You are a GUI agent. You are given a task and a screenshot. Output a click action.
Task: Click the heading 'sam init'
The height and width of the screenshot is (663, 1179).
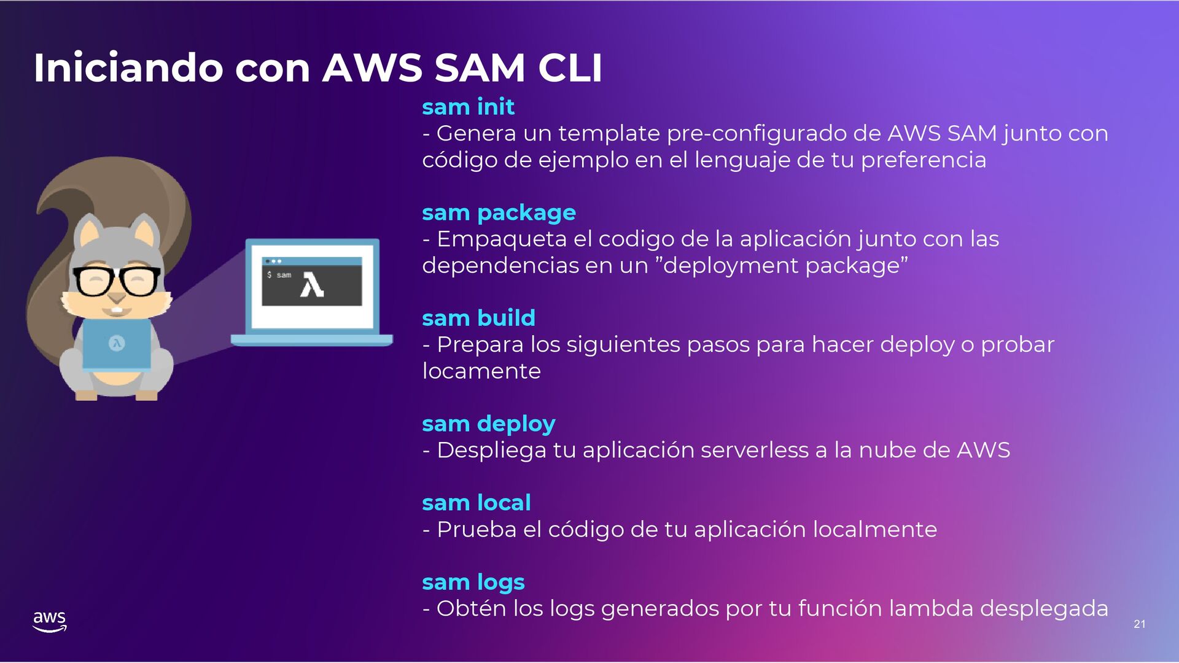coord(468,107)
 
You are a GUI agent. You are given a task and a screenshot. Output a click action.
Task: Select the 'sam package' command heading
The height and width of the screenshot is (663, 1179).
coord(499,213)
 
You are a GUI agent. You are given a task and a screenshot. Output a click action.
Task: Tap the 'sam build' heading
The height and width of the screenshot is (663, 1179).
coord(478,319)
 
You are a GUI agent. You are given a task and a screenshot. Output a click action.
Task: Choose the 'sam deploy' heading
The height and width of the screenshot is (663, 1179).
coord(488,424)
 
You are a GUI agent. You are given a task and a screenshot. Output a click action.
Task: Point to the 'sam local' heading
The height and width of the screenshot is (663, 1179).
coord(476,503)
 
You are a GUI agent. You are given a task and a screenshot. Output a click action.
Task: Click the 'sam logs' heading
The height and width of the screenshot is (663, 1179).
coord(473,583)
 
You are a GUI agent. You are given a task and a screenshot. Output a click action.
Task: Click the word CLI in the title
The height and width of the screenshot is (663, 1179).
coord(570,68)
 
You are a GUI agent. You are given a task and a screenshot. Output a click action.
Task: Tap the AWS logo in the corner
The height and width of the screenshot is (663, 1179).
coord(50,621)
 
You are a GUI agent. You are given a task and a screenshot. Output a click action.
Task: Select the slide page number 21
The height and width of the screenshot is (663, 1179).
coord(1139,624)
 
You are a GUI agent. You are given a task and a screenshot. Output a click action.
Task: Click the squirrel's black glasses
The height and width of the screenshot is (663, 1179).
coord(117,282)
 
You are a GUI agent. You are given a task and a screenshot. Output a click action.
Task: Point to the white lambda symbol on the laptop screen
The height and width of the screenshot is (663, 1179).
coord(312,285)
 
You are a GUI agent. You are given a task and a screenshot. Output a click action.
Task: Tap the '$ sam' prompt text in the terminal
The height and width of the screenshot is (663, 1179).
coord(279,275)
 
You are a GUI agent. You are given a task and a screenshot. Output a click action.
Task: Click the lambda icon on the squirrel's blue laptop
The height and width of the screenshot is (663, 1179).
coord(117,344)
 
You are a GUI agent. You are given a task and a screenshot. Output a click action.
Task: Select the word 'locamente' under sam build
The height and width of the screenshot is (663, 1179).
coord(481,371)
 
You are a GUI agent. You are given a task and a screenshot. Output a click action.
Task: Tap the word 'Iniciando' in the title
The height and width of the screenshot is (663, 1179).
coord(128,68)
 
